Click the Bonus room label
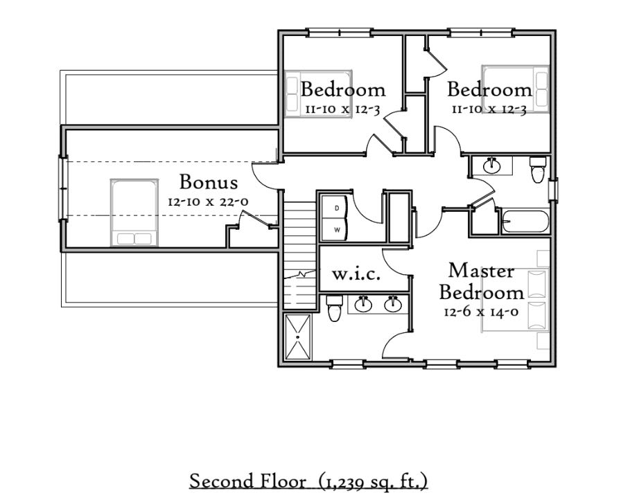(x=209, y=182)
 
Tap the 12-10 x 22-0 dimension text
(x=209, y=201)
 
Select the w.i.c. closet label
(x=356, y=274)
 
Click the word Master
(x=481, y=271)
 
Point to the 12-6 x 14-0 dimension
(x=481, y=312)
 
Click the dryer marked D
(x=335, y=208)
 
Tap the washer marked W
(x=335, y=229)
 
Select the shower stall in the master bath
(x=297, y=337)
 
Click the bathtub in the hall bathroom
(x=525, y=222)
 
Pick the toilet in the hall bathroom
(x=538, y=170)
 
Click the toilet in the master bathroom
(x=334, y=307)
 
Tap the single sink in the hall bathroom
(x=492, y=165)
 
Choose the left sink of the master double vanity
(x=362, y=304)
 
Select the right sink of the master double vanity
(x=393, y=304)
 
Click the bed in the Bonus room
(x=134, y=213)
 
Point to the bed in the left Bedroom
(x=318, y=93)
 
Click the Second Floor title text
(x=248, y=481)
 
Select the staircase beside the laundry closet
(x=300, y=255)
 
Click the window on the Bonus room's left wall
(x=62, y=188)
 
